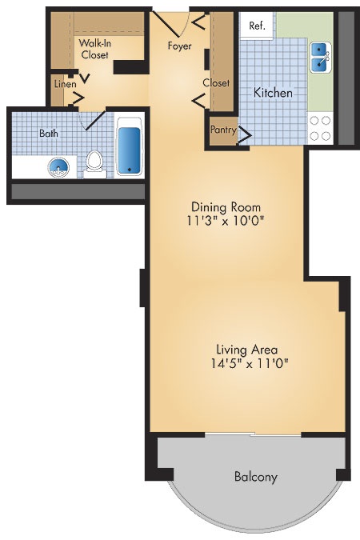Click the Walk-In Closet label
[94, 49]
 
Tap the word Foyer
[179, 46]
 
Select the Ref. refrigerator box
[258, 26]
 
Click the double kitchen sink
[320, 58]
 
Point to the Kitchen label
[273, 92]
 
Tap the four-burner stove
[320, 129]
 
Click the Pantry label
[223, 130]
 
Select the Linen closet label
[65, 84]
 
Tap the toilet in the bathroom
[94, 164]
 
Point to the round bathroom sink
[58, 168]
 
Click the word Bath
[49, 134]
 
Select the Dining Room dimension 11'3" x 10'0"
[226, 220]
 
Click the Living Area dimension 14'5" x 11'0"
[250, 363]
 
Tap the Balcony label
[256, 477]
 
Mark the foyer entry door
[166, 24]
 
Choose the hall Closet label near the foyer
[216, 83]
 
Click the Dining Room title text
[226, 207]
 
